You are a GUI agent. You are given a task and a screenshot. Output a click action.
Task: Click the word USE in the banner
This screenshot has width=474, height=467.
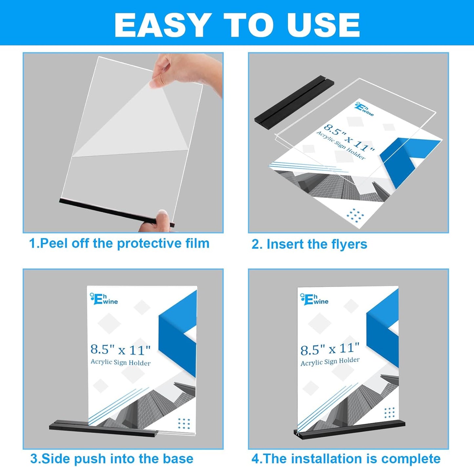[323, 26]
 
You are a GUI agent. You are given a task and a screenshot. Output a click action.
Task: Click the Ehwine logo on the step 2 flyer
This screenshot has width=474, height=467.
[364, 109]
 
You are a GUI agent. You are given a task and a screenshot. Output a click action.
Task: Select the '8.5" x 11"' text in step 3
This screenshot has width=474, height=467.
[120, 350]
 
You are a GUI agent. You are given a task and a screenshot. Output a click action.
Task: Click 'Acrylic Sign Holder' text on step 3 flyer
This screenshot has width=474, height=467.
[120, 362]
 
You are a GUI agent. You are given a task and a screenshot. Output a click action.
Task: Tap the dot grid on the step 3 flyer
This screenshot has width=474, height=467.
[184, 423]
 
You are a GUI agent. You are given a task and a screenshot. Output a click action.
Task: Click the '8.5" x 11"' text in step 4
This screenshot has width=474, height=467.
[330, 349]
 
